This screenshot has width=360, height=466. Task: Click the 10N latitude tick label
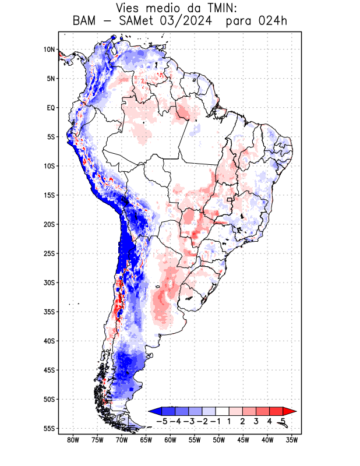[x=48, y=50]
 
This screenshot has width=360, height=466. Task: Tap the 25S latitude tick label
[x=48, y=253]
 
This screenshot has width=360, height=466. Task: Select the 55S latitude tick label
[x=48, y=428]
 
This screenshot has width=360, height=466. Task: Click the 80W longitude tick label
[x=73, y=440]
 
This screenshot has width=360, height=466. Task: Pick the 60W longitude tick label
[x=170, y=440]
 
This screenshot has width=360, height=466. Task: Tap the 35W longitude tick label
[x=292, y=440]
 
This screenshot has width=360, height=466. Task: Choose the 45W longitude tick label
[x=243, y=440]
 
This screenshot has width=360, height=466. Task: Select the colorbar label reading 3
[x=256, y=421]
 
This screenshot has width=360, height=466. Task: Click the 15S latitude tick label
[x=48, y=195]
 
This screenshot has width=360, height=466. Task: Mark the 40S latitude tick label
[x=48, y=341]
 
